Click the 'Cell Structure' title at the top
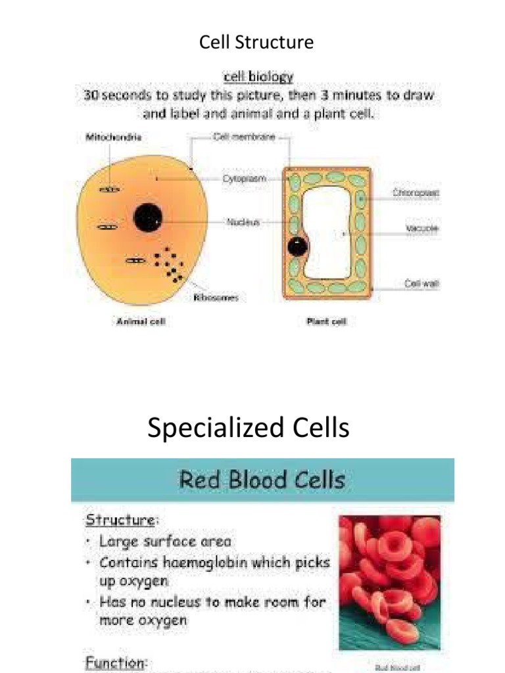(x=256, y=43)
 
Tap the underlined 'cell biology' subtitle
(x=258, y=77)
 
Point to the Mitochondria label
(x=113, y=138)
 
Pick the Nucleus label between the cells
(x=243, y=222)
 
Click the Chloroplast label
(x=416, y=193)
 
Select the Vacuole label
(x=421, y=229)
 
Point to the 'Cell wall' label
(x=421, y=284)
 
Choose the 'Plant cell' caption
(x=327, y=322)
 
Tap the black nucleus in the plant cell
(x=297, y=246)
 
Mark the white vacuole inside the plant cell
(x=332, y=233)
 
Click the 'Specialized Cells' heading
(x=249, y=428)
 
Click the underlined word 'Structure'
(x=121, y=519)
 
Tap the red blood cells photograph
(x=389, y=582)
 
